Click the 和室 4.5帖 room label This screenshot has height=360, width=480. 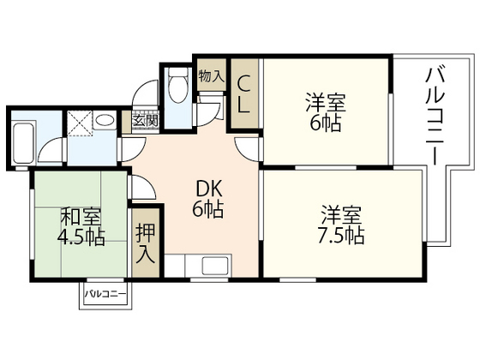coord(82,225)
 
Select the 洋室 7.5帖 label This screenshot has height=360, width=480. coord(343,222)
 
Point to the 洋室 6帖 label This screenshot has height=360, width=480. coord(326,112)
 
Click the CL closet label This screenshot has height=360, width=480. coord(243,93)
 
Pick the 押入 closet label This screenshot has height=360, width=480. coord(145,243)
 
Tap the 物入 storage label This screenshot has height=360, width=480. coord(210,75)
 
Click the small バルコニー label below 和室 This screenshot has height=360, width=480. coord(105,296)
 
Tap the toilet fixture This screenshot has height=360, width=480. coord(178,86)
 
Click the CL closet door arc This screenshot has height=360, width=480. coord(249,146)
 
